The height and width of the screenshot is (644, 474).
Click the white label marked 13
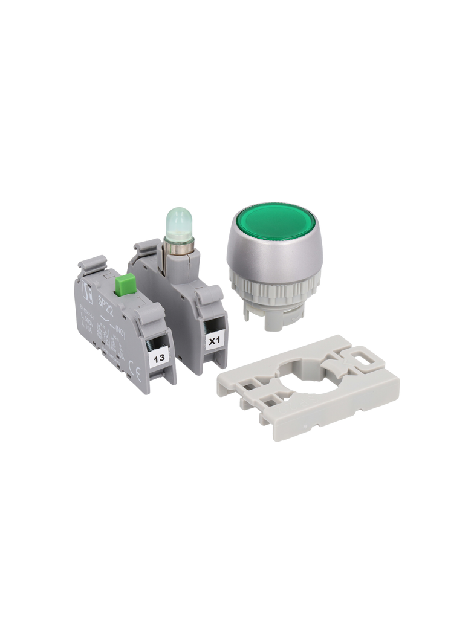click(159, 358)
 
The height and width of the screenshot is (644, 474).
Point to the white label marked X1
click(215, 340)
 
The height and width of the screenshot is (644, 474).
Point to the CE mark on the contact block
click(138, 375)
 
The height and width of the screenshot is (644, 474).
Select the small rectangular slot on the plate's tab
click(364, 356)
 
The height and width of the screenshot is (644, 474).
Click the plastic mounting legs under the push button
click(275, 315)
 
